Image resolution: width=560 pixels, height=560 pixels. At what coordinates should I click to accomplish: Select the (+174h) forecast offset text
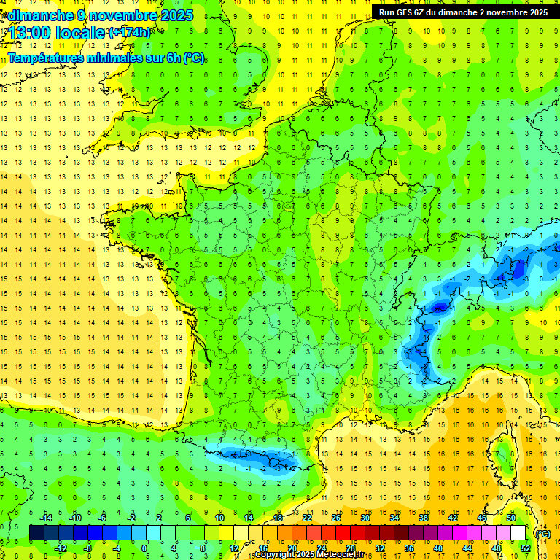coord(130,33)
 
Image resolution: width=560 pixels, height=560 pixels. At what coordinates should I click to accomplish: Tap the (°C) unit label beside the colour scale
coord(542,534)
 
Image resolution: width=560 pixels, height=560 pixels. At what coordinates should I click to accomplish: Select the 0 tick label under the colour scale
coord(145,548)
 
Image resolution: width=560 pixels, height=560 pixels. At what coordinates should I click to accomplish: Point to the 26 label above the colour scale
coord(336,518)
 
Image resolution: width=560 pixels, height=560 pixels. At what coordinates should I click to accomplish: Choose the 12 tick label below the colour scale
coord(233,548)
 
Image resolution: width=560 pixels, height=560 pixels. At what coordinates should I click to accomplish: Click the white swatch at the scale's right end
coord(518,533)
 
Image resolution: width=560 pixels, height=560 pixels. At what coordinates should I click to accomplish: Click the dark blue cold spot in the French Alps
coord(439,307)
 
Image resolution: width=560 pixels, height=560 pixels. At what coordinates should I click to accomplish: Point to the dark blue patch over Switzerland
coord(518,270)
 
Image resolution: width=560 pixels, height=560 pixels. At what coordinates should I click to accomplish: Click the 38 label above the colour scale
coord(424,518)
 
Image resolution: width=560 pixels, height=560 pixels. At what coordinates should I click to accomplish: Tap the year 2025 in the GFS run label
coord(537,12)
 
